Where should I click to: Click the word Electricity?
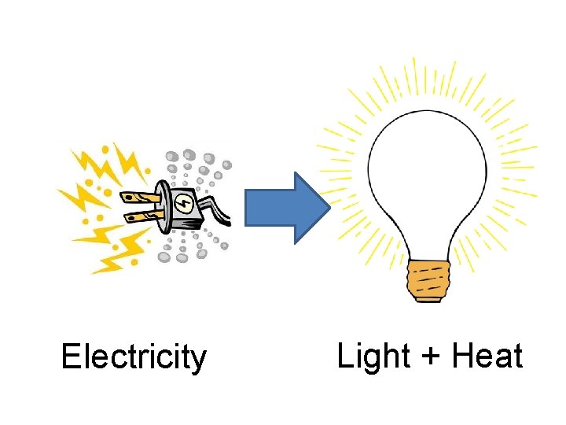(133, 357)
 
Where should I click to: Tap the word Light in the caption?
(373, 357)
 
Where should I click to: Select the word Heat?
(487, 357)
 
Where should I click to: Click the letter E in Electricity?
(70, 357)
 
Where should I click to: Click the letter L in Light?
(344, 357)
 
